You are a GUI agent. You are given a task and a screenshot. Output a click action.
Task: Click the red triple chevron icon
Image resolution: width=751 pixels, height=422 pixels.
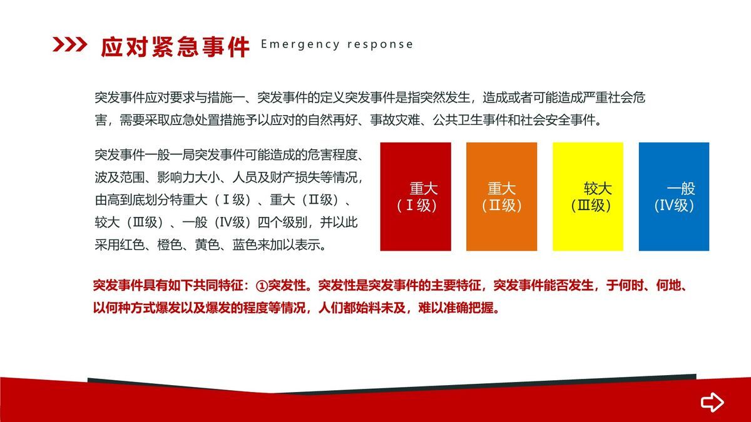pyautogui.click(x=69, y=44)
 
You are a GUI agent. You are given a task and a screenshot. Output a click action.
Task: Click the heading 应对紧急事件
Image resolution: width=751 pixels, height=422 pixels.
pyautogui.click(x=175, y=47)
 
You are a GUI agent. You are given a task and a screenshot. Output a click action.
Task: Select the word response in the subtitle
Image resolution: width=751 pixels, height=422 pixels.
pyautogui.click(x=381, y=45)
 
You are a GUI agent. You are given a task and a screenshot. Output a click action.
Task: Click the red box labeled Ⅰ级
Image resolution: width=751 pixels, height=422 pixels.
pyautogui.click(x=416, y=196)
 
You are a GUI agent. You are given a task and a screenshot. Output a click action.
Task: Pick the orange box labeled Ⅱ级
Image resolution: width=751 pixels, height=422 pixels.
pyautogui.click(x=501, y=196)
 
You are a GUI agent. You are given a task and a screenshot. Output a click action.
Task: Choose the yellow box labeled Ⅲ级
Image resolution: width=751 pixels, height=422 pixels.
pyautogui.click(x=588, y=196)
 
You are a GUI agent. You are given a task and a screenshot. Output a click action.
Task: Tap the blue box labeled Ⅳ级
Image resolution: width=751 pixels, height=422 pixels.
pyautogui.click(x=674, y=196)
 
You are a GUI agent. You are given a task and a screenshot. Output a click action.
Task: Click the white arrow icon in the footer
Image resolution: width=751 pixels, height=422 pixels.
pyautogui.click(x=712, y=402)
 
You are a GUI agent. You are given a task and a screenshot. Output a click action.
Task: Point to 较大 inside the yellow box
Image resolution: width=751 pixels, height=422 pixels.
pyautogui.click(x=598, y=189)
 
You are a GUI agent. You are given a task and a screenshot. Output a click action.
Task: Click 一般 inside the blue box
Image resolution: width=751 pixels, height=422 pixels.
pyautogui.click(x=681, y=189)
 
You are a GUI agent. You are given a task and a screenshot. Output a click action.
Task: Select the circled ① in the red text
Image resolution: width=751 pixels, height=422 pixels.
pyautogui.click(x=262, y=286)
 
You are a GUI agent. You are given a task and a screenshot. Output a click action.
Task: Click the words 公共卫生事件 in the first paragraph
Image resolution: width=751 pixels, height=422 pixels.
pyautogui.click(x=470, y=120)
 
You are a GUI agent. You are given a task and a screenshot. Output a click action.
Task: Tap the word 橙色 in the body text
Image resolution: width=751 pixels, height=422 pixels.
pyautogui.click(x=170, y=245)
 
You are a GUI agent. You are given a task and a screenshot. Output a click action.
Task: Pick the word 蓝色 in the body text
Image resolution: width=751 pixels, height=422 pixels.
pyautogui.click(x=245, y=245)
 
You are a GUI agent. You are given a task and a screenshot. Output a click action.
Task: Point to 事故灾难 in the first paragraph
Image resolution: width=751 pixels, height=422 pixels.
pyautogui.click(x=395, y=120)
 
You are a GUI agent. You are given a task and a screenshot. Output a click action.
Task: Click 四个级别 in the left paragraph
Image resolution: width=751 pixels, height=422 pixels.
pyautogui.click(x=282, y=223)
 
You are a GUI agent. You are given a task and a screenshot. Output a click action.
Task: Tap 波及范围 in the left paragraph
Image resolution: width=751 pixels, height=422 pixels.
pyautogui.click(x=120, y=177)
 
